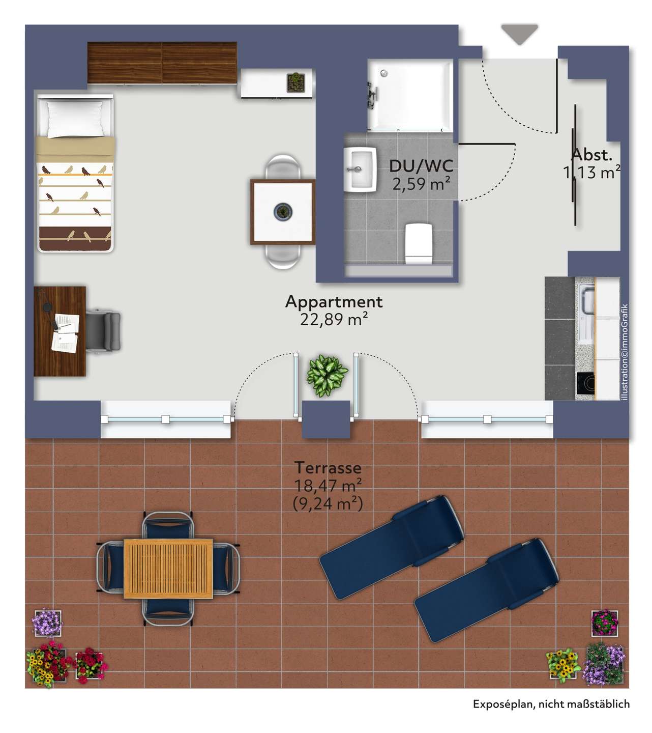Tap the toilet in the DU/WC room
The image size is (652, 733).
pyautogui.click(x=419, y=243)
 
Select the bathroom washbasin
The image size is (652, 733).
pyautogui.click(x=360, y=170)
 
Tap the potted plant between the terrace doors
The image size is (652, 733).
pyautogui.click(x=327, y=375)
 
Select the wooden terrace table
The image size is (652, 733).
pyautogui.click(x=168, y=569)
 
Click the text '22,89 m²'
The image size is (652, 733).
pyautogui.click(x=334, y=319)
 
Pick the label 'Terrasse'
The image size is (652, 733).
pyautogui.click(x=328, y=467)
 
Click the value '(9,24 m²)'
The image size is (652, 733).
pyautogui.click(x=328, y=503)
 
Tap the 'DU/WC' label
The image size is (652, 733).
pyautogui.click(x=421, y=166)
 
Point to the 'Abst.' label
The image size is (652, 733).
pyautogui.click(x=591, y=154)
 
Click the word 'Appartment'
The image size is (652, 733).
pyautogui.click(x=334, y=302)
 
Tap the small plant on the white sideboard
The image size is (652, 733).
pyautogui.click(x=295, y=82)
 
